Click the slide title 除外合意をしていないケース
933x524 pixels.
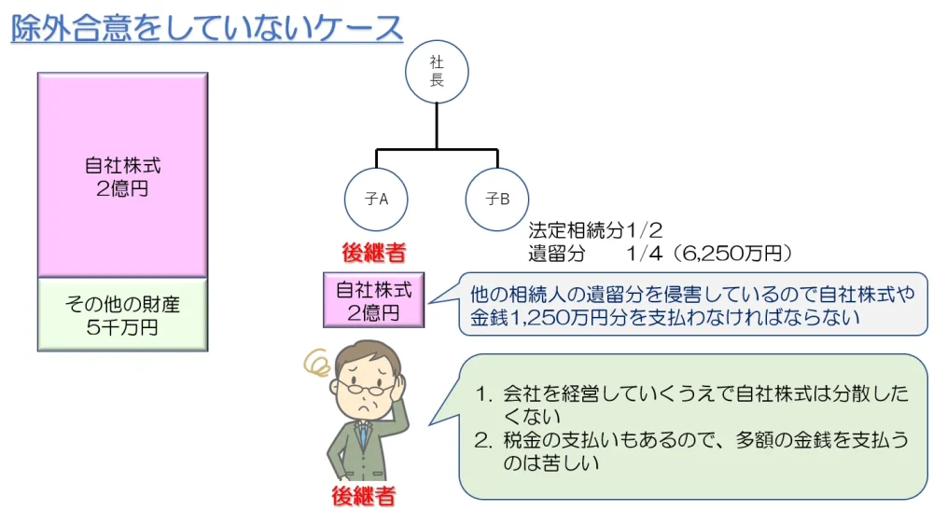pos(206,28)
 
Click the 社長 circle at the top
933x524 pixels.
pos(436,72)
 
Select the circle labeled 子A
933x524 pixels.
pos(376,199)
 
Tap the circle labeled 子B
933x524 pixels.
pos(497,199)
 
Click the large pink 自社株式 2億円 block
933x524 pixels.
pos(122,175)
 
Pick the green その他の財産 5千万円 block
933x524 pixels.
pos(122,315)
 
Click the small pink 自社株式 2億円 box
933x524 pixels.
pos(373,300)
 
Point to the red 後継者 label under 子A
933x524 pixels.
pos(373,252)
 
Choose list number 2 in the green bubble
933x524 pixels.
pos(483,439)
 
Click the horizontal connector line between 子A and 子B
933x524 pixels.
pos(436,149)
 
